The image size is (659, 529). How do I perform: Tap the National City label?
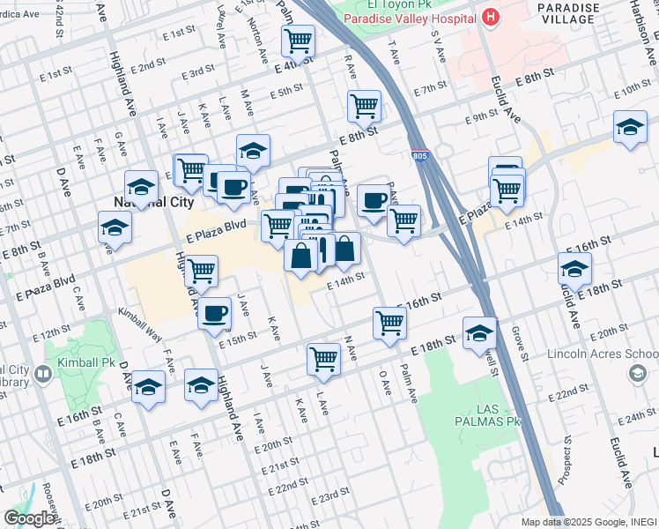click(x=141, y=202)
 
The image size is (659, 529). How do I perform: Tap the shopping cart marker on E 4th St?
click(x=298, y=40)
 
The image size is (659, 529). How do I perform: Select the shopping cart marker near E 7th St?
click(x=364, y=106)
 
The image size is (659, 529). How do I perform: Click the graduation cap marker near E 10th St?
click(x=630, y=127)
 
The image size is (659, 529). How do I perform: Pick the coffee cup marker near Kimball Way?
click(x=214, y=313)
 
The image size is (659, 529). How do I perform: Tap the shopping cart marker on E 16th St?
click(x=389, y=322)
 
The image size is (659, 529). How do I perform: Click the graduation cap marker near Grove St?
click(x=478, y=332)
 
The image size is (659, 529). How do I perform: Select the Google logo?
click(x=29, y=518)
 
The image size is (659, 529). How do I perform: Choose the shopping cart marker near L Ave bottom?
click(x=323, y=358)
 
